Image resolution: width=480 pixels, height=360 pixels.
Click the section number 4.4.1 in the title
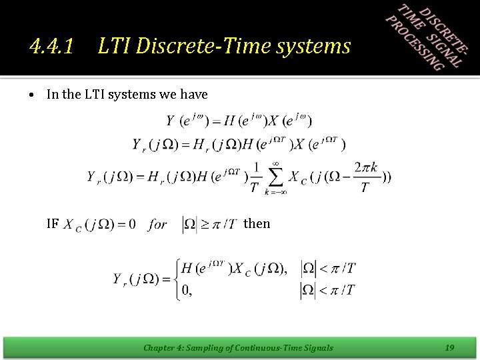(51, 46)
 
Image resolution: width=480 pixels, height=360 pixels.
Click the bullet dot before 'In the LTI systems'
(32, 95)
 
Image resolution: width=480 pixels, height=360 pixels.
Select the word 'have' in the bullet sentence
(194, 95)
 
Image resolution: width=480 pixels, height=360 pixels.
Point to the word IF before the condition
(53, 223)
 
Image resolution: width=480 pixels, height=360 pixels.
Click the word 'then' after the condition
(257, 223)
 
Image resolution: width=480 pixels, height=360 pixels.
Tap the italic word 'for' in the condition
(158, 224)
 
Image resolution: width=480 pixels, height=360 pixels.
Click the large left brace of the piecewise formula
(176, 279)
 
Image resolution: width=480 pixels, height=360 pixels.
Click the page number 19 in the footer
(449, 347)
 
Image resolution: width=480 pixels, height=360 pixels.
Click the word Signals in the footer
(317, 347)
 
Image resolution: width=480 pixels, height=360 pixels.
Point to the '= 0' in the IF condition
(127, 224)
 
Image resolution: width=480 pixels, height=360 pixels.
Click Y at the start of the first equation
(171, 121)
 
